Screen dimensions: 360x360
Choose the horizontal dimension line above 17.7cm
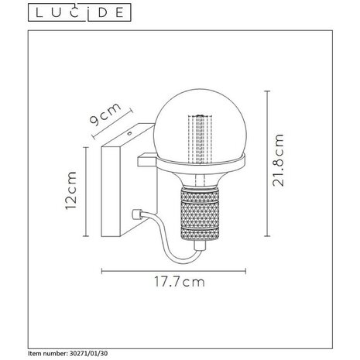[x=177, y=271]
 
